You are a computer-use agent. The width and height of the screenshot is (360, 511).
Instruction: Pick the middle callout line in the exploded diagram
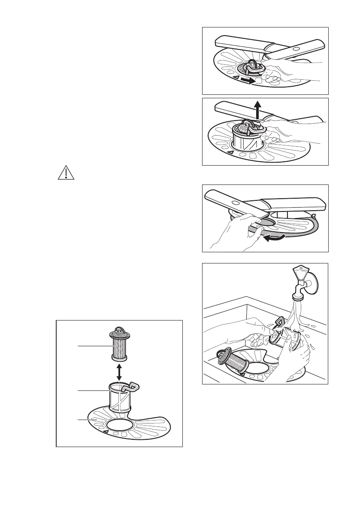(x=92, y=391)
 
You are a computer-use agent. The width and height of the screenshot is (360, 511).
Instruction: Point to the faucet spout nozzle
(x=297, y=296)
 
